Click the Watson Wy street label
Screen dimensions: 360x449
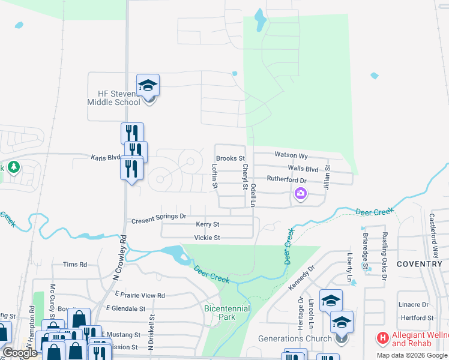(291, 155)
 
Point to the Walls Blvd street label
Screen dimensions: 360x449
(303, 169)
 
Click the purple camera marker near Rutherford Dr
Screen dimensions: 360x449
(300, 194)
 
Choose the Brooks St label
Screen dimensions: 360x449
(231, 158)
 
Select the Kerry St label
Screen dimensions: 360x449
(208, 224)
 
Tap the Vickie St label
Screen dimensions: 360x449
(207, 238)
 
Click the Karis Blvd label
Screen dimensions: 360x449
(106, 158)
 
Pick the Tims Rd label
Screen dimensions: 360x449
(75, 265)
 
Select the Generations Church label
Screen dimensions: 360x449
(295, 338)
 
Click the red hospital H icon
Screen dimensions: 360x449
(381, 338)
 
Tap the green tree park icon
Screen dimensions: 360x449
(11, 167)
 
